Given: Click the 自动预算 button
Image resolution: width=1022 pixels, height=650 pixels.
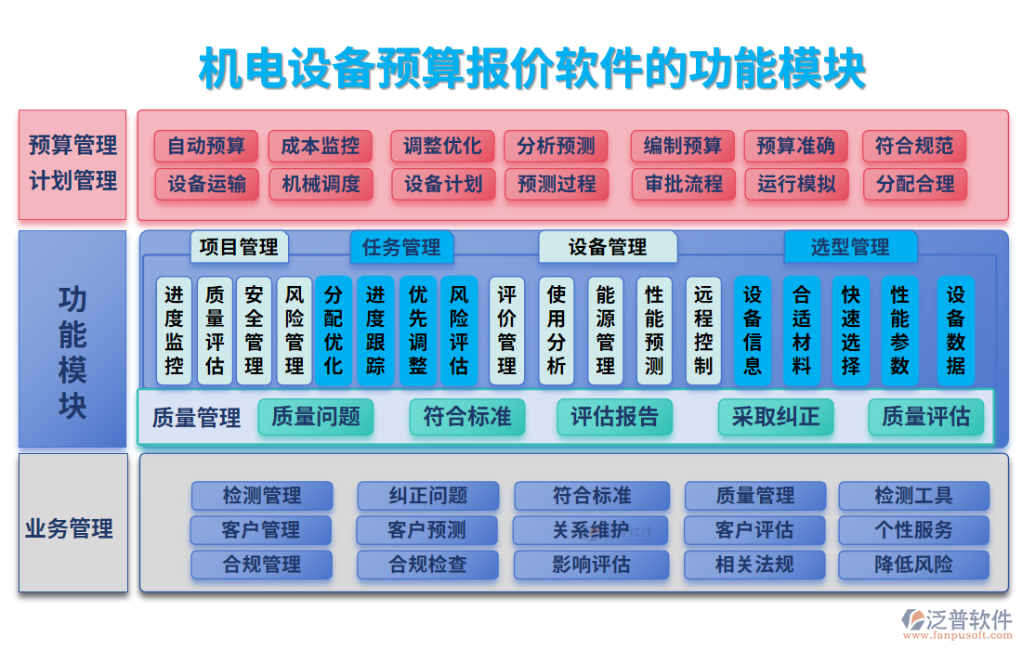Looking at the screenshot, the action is pyautogui.click(x=206, y=146).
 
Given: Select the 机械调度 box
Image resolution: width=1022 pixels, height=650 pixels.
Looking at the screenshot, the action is pyautogui.click(x=321, y=184).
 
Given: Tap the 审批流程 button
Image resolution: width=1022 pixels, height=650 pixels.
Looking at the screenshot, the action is pyautogui.click(x=684, y=184).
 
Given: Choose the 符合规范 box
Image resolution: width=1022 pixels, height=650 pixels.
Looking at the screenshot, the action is pyautogui.click(x=914, y=146).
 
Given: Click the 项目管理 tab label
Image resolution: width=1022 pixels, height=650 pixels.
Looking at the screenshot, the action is pyautogui.click(x=239, y=248).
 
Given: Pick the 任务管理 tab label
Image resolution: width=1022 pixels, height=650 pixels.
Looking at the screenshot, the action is pyautogui.click(x=401, y=248).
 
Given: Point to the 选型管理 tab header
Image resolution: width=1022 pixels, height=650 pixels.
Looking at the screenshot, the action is pyautogui.click(x=850, y=248).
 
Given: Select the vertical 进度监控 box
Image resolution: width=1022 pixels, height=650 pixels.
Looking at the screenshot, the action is pyautogui.click(x=174, y=331).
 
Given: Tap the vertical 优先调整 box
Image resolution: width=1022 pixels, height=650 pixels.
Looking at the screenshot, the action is pyautogui.click(x=418, y=331).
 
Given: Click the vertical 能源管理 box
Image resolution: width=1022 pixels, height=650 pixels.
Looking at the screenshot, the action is pyautogui.click(x=606, y=331).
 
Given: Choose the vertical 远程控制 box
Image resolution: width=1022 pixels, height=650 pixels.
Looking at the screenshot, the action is pyautogui.click(x=703, y=331).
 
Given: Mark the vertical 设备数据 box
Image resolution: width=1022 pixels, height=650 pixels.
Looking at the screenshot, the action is pyautogui.click(x=955, y=331).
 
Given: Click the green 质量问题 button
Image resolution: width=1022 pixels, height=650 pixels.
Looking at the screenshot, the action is pyautogui.click(x=316, y=417).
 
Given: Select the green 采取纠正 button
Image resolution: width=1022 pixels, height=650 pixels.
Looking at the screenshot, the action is pyautogui.click(x=776, y=417).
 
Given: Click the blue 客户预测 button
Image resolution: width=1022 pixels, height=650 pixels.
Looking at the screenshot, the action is pyautogui.click(x=427, y=530).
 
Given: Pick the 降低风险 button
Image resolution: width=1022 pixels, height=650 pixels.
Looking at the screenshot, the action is pyautogui.click(x=914, y=565).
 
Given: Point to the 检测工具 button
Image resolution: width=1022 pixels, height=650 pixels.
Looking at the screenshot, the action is pyautogui.click(x=914, y=496).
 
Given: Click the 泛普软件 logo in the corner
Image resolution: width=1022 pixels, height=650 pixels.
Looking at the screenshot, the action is pyautogui.click(x=957, y=624).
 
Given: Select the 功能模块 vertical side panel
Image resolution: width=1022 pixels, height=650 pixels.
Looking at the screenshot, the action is pyautogui.click(x=72, y=339).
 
